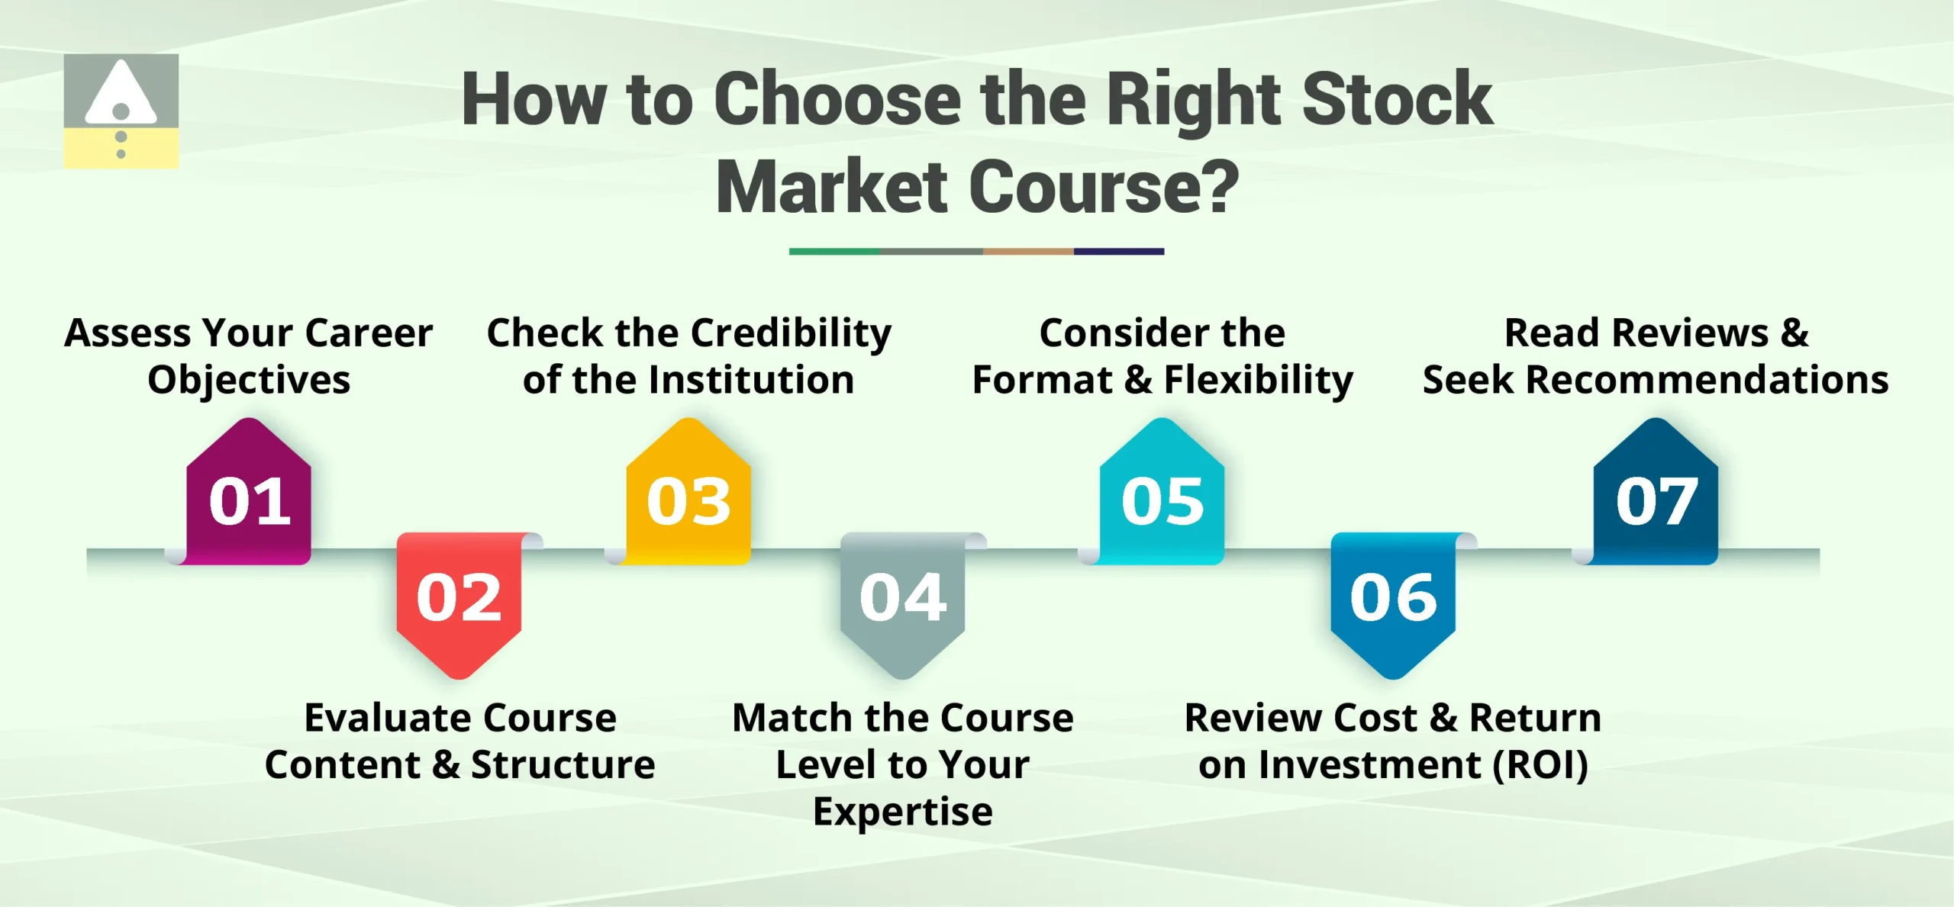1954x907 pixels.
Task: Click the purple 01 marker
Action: tap(249, 500)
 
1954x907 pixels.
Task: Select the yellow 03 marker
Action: tap(688, 500)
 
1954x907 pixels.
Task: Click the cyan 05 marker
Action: tap(1162, 500)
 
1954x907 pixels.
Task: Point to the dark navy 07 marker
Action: tap(1656, 500)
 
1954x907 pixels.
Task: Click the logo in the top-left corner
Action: tap(121, 111)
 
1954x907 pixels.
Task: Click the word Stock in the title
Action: tap(1397, 99)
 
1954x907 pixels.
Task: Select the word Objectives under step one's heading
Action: tap(249, 380)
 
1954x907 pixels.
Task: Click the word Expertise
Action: tap(902, 811)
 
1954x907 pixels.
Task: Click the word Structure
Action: tap(563, 764)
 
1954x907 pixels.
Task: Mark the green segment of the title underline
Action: tap(834, 251)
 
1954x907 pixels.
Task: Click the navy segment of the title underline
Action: tap(1119, 251)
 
